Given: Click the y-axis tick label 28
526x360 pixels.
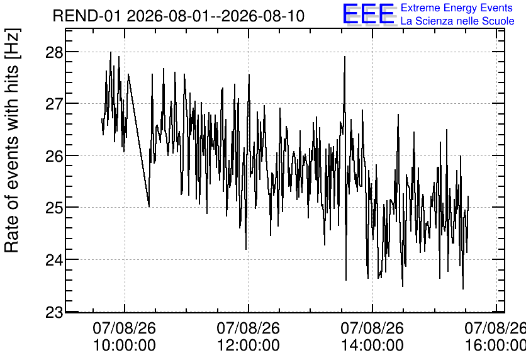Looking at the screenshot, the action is pyautogui.click(x=54, y=52).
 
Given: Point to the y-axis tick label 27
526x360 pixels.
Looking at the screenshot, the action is pyautogui.click(x=54, y=104).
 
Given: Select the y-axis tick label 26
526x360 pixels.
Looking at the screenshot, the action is pyautogui.click(x=54, y=155).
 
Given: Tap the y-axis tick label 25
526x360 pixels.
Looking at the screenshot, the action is pyautogui.click(x=54, y=208).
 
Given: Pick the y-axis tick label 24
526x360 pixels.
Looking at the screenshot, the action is pyautogui.click(x=54, y=260).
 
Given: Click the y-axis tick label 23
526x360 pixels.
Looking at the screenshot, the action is pyautogui.click(x=54, y=312).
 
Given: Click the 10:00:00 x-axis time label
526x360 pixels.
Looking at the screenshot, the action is pyautogui.click(x=125, y=345).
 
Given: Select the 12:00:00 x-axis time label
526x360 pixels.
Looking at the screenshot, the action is pyautogui.click(x=249, y=345).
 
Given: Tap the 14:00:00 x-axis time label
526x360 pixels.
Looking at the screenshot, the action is pyautogui.click(x=372, y=345).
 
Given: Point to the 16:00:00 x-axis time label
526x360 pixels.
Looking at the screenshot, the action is pyautogui.click(x=495, y=345).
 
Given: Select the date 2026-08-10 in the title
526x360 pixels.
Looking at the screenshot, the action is pyautogui.click(x=262, y=16).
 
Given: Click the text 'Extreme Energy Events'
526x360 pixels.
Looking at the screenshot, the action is pyautogui.click(x=457, y=8).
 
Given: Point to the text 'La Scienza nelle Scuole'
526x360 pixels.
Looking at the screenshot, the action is pyautogui.click(x=457, y=21).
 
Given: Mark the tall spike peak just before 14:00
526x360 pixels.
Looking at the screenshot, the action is pyautogui.click(x=345, y=57).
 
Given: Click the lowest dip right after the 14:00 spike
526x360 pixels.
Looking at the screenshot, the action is pyautogui.click(x=346, y=280).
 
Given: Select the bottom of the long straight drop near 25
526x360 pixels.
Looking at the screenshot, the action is pyautogui.click(x=149, y=206).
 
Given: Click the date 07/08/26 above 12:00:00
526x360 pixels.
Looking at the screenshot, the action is pyautogui.click(x=249, y=328).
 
